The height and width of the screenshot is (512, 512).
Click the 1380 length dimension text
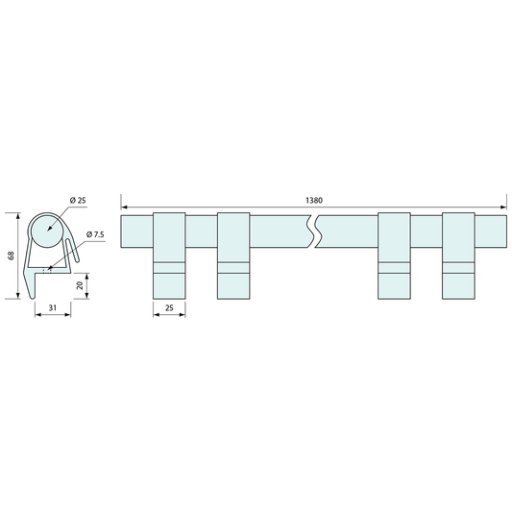(314, 200)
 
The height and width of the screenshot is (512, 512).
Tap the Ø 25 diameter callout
(78, 200)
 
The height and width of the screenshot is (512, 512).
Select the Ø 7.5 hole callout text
(95, 234)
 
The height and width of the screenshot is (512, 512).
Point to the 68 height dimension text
(12, 256)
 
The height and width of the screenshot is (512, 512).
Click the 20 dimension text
(80, 285)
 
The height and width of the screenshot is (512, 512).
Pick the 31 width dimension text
(53, 307)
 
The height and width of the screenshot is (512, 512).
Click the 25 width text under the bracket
(169, 307)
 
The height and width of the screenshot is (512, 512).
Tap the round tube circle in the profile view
(46, 231)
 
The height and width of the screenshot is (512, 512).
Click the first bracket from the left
(169, 256)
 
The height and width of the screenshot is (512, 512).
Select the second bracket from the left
(233, 256)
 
